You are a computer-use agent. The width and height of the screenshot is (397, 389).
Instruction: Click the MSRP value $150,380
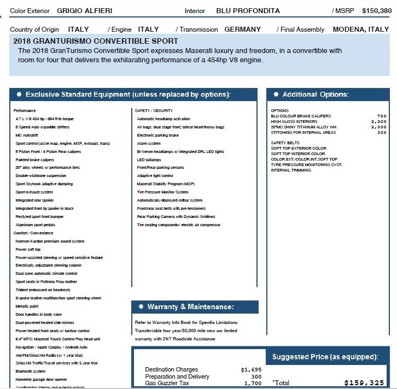[377, 10]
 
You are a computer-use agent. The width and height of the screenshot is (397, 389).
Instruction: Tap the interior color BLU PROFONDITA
[248, 11]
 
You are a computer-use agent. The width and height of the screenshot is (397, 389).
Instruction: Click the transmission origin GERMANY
[242, 30]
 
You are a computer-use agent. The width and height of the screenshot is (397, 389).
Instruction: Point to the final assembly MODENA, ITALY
[360, 30]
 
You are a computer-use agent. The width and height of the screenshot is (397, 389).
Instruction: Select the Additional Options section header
[315, 95]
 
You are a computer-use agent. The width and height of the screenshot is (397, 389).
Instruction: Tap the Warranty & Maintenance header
[190, 307]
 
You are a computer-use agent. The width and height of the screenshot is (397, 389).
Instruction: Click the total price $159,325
[364, 383]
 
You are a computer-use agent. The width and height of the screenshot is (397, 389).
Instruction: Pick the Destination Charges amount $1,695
[251, 370]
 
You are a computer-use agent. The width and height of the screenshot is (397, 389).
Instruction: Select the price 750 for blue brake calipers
[381, 116]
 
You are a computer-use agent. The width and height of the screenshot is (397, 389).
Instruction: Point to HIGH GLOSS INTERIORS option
[294, 121]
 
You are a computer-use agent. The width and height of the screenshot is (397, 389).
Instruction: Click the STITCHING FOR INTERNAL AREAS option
[303, 132]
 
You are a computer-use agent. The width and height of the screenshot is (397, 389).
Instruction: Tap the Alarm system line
[149, 143]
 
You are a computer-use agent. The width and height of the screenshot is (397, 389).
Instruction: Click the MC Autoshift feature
[27, 135]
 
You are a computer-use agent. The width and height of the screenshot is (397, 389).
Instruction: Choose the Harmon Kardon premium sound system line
[50, 241]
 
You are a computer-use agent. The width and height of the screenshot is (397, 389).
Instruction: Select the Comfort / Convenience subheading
[33, 233]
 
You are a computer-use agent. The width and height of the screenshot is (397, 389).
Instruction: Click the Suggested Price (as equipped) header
[325, 357]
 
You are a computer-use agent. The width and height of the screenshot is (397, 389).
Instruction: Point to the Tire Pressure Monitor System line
[162, 192]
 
